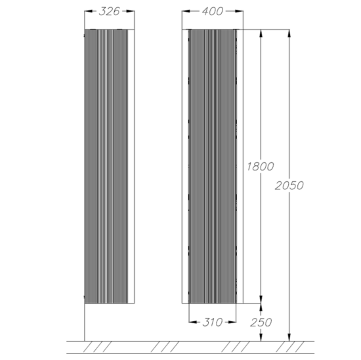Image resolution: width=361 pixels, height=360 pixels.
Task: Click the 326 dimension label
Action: click(x=110, y=11)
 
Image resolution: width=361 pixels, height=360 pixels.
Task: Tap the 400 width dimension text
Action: click(x=213, y=11)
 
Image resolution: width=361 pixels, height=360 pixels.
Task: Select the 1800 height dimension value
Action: click(x=261, y=166)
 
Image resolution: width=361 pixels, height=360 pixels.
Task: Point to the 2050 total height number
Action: click(x=289, y=185)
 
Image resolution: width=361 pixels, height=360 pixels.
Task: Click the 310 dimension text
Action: click(x=213, y=322)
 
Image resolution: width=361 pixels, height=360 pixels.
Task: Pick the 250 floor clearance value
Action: click(x=261, y=323)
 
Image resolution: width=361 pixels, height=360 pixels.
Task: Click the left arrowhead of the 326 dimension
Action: click(x=89, y=11)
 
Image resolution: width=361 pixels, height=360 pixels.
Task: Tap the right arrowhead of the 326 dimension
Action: click(x=131, y=11)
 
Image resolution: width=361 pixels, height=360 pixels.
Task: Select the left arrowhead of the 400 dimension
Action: click(x=186, y=11)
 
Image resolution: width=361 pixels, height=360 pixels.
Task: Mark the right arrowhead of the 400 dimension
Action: click(x=239, y=11)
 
